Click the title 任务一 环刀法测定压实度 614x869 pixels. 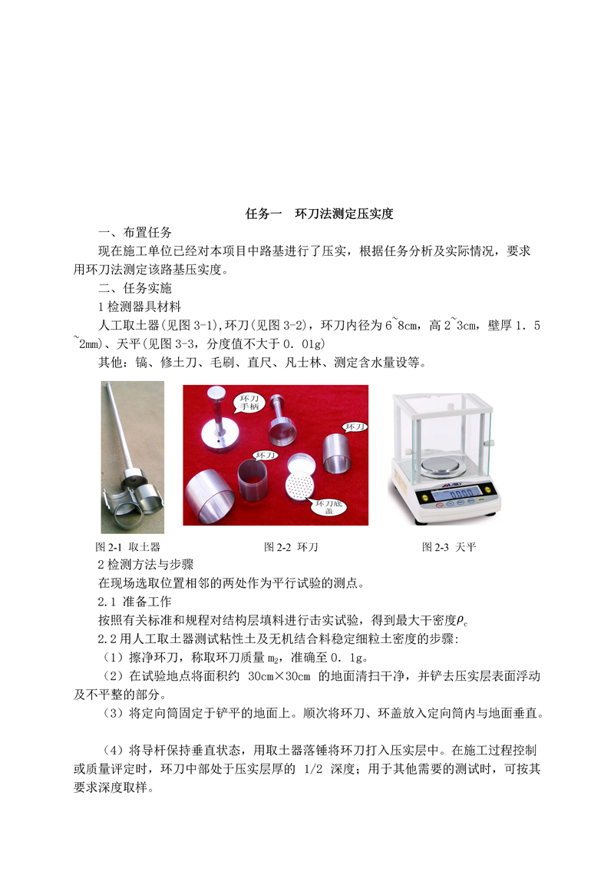(319, 214)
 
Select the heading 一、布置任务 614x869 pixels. (135, 232)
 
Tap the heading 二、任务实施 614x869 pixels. (135, 288)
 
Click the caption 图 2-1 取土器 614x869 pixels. (128, 547)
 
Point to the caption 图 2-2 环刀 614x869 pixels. (291, 547)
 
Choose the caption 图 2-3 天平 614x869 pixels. (449, 547)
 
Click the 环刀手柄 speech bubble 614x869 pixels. (249, 403)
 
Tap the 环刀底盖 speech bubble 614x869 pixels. (328, 507)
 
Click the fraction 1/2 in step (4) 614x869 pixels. (313, 769)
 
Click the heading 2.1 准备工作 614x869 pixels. (134, 602)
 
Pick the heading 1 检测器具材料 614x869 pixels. (140, 307)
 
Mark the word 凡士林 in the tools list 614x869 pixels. (303, 363)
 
